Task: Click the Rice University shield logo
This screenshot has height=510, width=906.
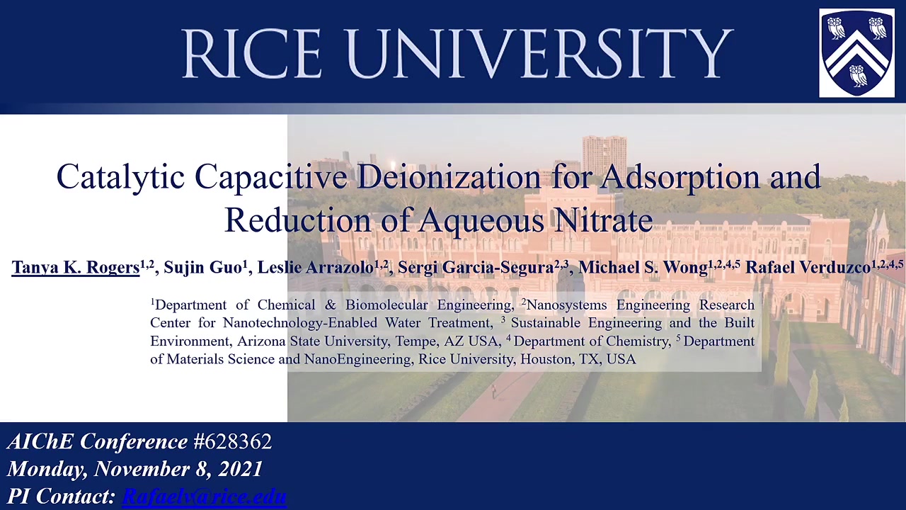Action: pyautogui.click(x=856, y=53)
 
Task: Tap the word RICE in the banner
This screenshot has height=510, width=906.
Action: pyautogui.click(x=252, y=53)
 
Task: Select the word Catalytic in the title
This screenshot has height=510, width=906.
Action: pyautogui.click(x=120, y=177)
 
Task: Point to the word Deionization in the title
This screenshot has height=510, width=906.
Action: pyautogui.click(x=449, y=177)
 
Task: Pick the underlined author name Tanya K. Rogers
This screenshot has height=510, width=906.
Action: pyautogui.click(x=76, y=267)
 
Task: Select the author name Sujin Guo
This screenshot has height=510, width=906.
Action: pyautogui.click(x=202, y=267)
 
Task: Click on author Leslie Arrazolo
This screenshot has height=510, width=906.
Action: pyautogui.click(x=316, y=267)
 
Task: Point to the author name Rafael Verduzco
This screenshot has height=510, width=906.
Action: pyautogui.click(x=808, y=267)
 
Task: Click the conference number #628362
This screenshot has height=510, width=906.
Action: pyautogui.click(x=233, y=441)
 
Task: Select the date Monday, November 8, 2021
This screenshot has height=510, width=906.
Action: pyautogui.click(x=135, y=469)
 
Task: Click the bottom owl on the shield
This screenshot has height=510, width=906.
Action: pyautogui.click(x=857, y=76)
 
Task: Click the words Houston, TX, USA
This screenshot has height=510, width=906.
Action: pyautogui.click(x=578, y=359)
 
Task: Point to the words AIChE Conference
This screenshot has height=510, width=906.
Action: pyautogui.click(x=98, y=441)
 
